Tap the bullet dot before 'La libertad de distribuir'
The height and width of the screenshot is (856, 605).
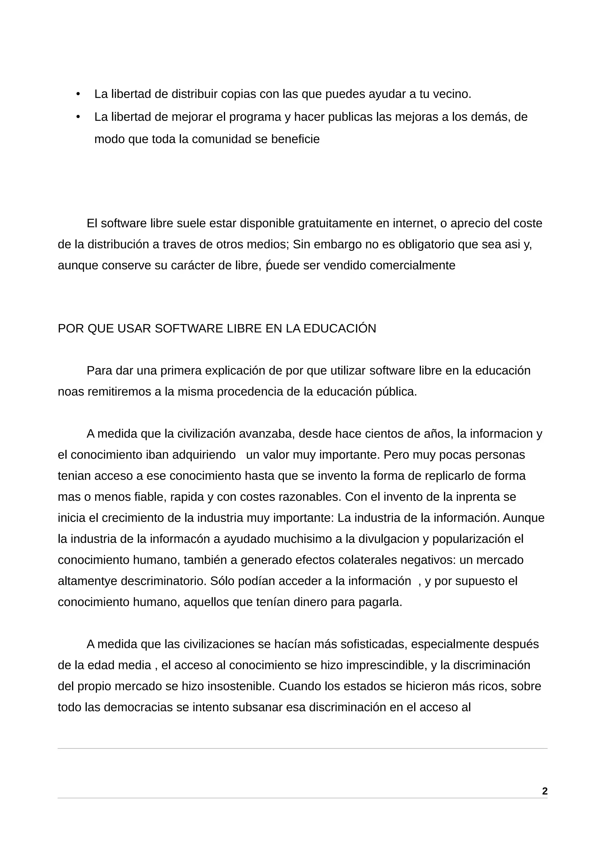(x=78, y=94)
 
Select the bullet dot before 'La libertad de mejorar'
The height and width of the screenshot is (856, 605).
(x=78, y=117)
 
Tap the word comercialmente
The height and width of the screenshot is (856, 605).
(x=413, y=266)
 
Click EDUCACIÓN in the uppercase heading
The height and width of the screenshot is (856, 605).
(x=340, y=328)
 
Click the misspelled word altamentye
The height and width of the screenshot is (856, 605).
(x=88, y=581)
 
